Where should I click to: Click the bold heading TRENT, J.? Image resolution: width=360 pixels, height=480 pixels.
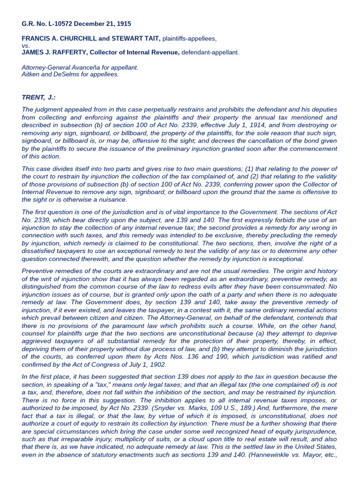pyautogui.click(x=38, y=97)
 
